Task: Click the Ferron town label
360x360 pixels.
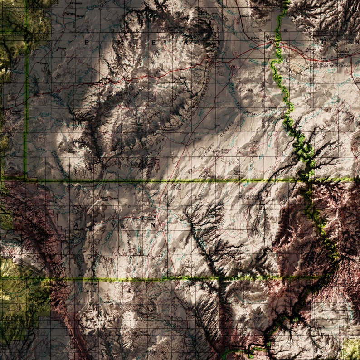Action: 69,14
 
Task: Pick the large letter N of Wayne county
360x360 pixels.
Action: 153,224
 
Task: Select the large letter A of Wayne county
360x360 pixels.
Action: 77,224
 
